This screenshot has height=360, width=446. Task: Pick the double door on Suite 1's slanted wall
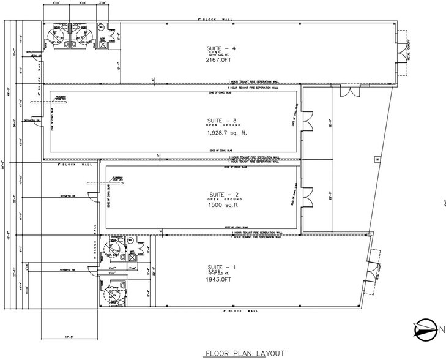[371, 270]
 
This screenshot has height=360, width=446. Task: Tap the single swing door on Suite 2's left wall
[89, 196]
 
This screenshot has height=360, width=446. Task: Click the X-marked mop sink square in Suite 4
[103, 44]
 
